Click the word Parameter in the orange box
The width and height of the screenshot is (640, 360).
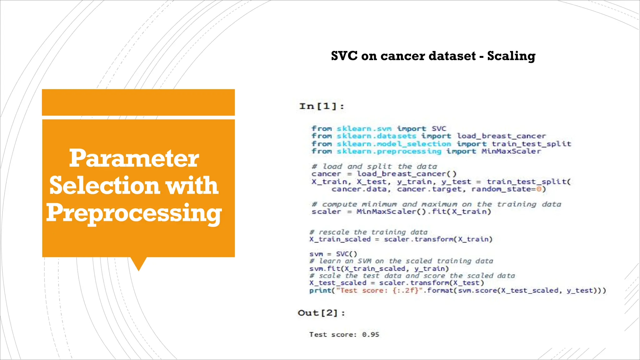[134, 158]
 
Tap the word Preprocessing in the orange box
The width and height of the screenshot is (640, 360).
[134, 213]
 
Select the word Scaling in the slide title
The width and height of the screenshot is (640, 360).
[511, 56]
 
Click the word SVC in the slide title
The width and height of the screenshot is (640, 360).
[344, 56]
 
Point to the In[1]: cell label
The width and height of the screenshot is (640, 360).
[322, 106]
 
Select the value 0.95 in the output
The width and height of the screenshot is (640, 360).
[371, 334]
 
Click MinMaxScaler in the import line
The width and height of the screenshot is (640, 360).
[511, 151]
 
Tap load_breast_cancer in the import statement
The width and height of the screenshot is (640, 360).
[501, 136]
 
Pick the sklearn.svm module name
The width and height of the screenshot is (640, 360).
[364, 128]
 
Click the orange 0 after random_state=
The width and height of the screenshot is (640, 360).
[539, 189]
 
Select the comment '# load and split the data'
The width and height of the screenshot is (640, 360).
[374, 166]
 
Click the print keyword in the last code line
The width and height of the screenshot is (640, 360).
[320, 290]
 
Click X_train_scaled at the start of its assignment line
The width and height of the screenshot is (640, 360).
[340, 239]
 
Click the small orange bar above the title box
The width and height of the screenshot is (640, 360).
[138, 102]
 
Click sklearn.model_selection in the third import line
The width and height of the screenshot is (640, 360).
[394, 144]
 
